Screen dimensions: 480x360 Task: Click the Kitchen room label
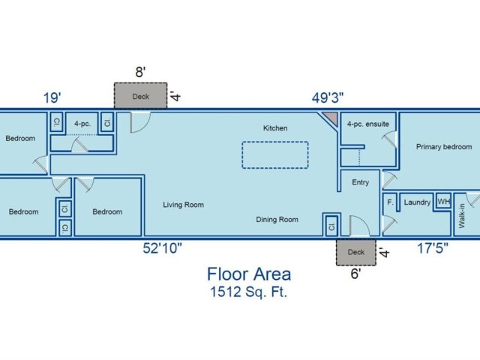coord(275,128)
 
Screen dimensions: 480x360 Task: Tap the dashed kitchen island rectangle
coord(275,142)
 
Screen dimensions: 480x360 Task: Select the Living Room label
coord(183,205)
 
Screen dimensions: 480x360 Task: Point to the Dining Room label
coord(277,220)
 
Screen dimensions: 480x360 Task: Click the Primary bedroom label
coord(444,147)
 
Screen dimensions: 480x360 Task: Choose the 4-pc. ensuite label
coord(368,124)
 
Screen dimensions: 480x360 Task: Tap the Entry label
coord(360,182)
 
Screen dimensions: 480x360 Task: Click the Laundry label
coord(417,202)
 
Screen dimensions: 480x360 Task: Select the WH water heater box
coord(443,201)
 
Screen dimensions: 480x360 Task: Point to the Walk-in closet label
coord(462,216)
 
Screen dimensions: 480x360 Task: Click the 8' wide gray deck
coord(140,95)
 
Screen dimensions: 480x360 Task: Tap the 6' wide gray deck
coord(356,252)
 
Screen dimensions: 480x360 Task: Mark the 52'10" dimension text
coord(162,248)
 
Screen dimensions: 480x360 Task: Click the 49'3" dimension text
coord(328,98)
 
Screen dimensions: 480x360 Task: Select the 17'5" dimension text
coord(433,248)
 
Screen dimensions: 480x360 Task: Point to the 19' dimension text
coord(52,98)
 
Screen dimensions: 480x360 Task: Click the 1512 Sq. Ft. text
coord(248,292)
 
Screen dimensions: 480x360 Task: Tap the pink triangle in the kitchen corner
coord(332,118)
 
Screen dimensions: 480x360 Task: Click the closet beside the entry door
coord(331,226)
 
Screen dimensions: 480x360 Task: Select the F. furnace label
coord(390,202)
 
